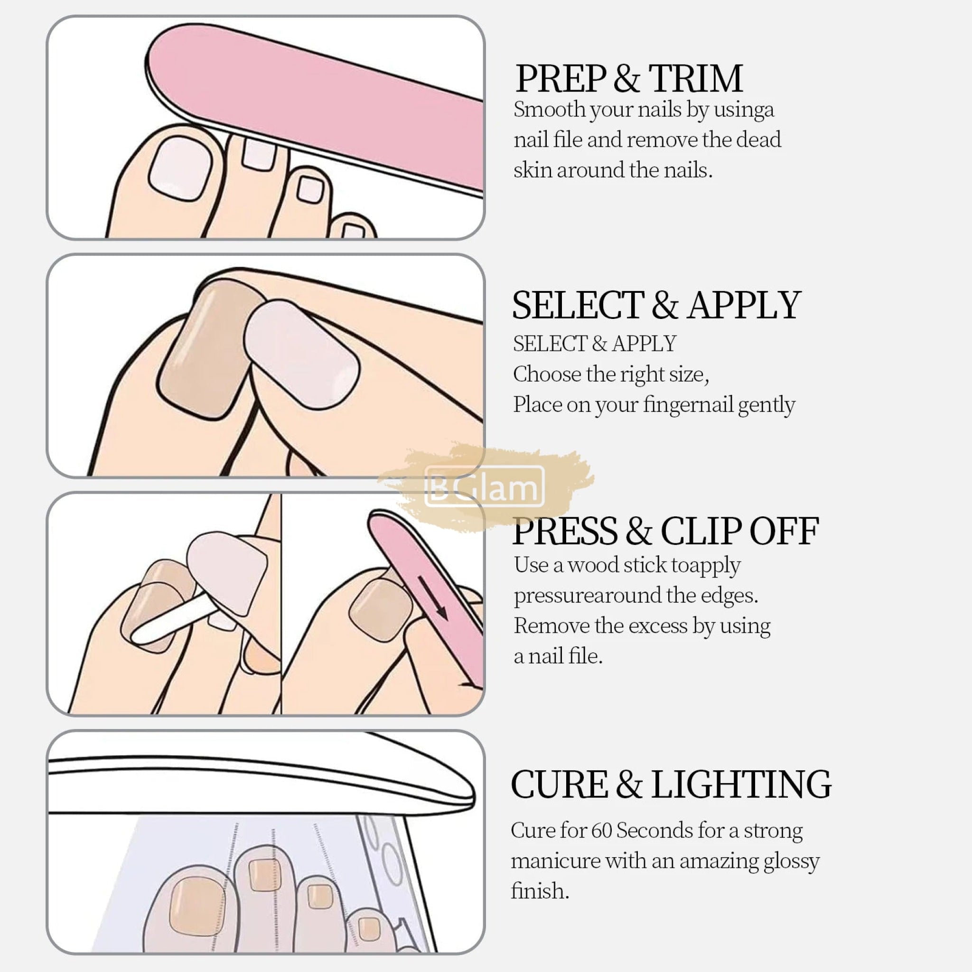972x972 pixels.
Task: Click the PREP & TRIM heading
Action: coord(629,78)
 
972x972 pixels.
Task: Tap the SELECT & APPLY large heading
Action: coord(656,305)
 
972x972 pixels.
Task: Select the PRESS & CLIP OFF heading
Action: coord(665,531)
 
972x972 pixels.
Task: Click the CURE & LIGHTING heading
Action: coord(671,785)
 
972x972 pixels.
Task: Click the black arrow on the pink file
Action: coord(433,598)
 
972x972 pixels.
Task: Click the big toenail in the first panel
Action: coord(180,168)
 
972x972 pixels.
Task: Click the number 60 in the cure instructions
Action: coord(602,831)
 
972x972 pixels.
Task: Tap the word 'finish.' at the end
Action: coord(540,891)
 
